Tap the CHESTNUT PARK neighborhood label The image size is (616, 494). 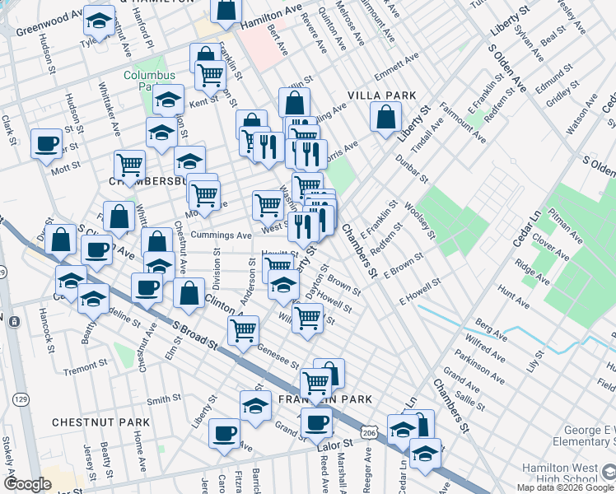coord(100,422)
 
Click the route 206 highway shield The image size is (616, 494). coord(370,431)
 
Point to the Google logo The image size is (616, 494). coord(27,484)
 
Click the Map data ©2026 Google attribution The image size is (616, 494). coord(566,487)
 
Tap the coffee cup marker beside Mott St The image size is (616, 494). coord(46,145)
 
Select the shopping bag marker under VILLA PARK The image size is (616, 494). coord(385,117)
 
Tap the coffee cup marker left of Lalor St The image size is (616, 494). coord(315,423)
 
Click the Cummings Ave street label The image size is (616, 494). coord(221,235)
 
